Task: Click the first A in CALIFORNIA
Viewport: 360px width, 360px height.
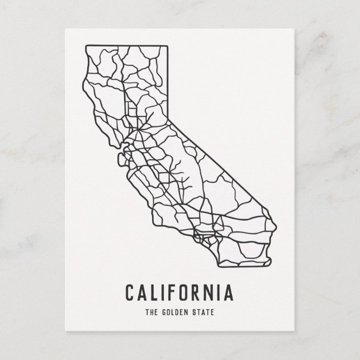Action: click(x=140, y=292)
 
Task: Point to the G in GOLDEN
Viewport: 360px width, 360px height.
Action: click(x=163, y=310)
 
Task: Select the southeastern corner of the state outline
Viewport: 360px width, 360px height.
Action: click(x=272, y=258)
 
